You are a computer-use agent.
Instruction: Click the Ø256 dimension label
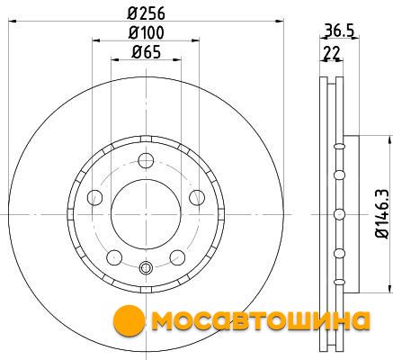[146, 13]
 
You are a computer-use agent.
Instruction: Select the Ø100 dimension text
[146, 32]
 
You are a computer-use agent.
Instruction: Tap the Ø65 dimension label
[146, 52]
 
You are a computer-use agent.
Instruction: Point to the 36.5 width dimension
[339, 31]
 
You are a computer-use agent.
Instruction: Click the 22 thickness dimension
[331, 53]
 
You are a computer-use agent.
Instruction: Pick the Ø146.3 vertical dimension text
[381, 213]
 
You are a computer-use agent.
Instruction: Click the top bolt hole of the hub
[146, 160]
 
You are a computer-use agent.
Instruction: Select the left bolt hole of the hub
[94, 197]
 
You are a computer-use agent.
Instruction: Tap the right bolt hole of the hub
[197, 197]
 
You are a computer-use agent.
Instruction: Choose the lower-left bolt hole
[114, 257]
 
